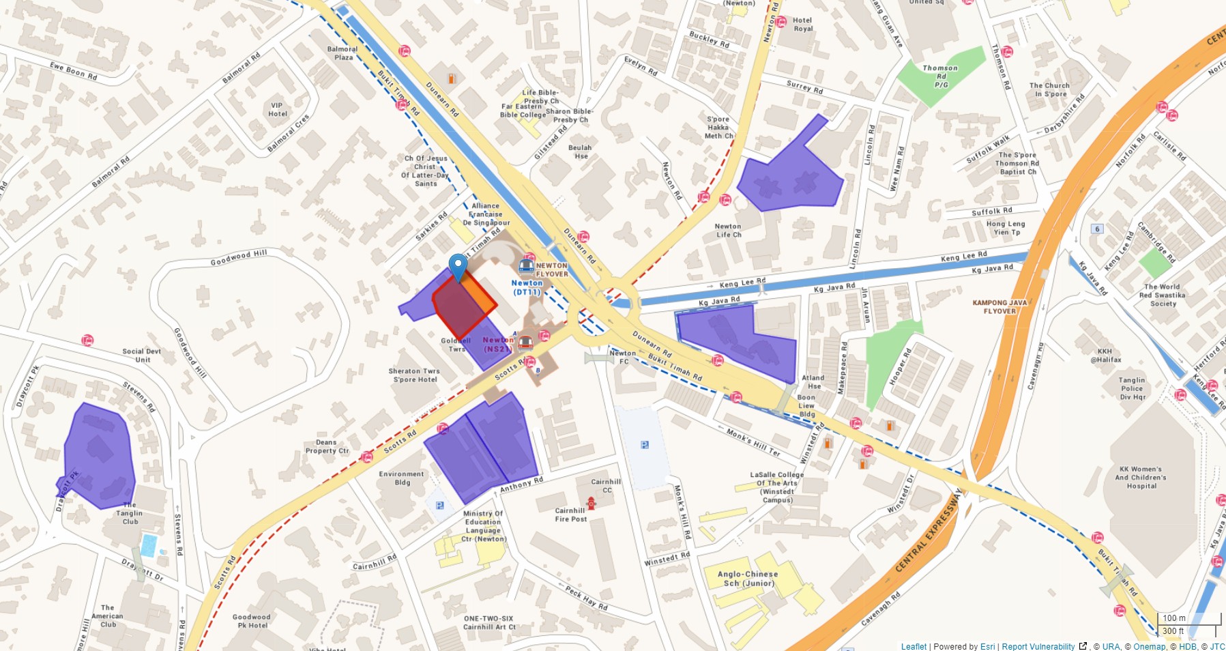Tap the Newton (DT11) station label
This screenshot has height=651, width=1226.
tap(527, 287)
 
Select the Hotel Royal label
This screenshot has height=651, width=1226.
tap(802, 25)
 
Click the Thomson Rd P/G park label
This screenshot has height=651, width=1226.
tap(940, 76)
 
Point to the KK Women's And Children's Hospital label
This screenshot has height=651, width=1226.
tap(1141, 477)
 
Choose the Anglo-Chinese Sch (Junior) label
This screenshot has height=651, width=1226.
tap(748, 579)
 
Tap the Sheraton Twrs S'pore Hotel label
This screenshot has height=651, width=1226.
tap(414, 375)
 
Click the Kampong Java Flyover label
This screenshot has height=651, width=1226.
tap(999, 306)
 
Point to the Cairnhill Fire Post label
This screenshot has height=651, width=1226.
tap(570, 515)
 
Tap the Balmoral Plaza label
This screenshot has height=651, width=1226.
tap(342, 53)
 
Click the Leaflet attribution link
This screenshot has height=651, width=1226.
tap(914, 646)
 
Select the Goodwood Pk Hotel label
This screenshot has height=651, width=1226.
tap(252, 621)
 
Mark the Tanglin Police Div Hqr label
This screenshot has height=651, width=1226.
tap(1132, 388)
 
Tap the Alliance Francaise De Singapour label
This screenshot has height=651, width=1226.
tap(486, 214)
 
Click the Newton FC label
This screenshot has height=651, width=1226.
tap(623, 357)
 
